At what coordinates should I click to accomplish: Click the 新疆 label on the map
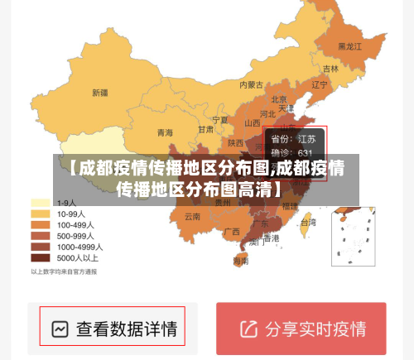(x=100, y=92)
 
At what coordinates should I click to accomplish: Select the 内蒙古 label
(x=251, y=84)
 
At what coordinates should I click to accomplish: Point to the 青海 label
(x=165, y=132)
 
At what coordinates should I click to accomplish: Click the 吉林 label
(x=330, y=69)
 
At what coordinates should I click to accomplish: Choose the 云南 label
(x=192, y=217)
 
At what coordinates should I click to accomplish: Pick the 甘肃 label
(x=205, y=129)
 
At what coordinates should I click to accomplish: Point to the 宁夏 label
(x=219, y=119)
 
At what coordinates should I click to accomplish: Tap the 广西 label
(x=232, y=231)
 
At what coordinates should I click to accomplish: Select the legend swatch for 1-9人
(x=41, y=202)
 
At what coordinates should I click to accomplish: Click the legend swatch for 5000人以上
(x=41, y=257)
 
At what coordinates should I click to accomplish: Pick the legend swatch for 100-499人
(x=41, y=224)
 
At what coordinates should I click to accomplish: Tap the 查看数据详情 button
(x=113, y=329)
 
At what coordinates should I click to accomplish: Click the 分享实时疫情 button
(x=301, y=329)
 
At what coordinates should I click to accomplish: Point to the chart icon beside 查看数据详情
(x=60, y=329)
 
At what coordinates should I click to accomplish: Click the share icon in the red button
(x=248, y=329)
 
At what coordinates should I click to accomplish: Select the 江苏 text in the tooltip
(x=306, y=139)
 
